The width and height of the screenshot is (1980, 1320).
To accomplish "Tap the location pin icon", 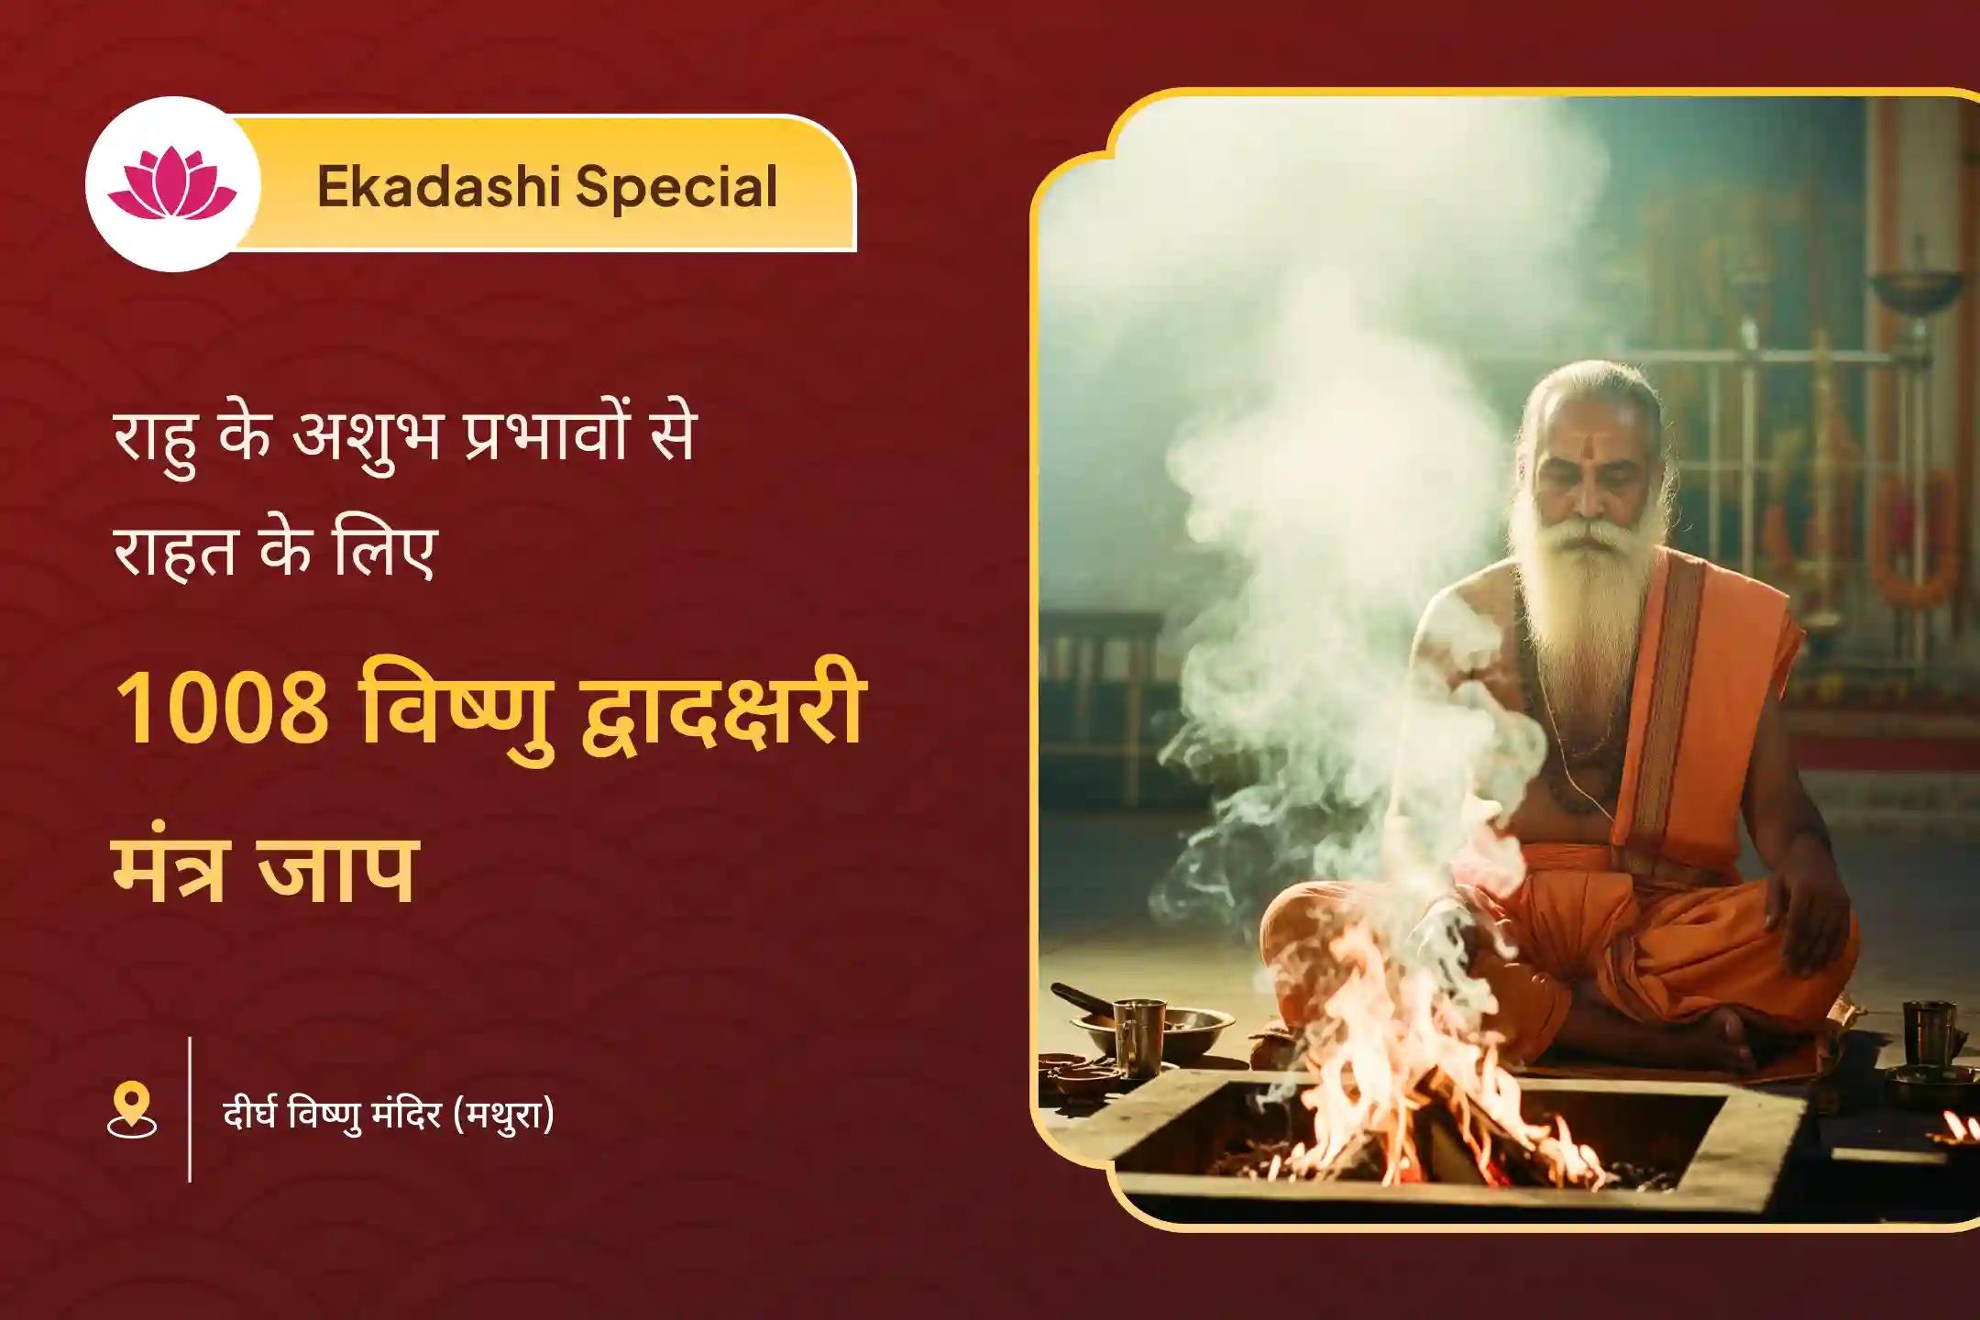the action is point(132,1109).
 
